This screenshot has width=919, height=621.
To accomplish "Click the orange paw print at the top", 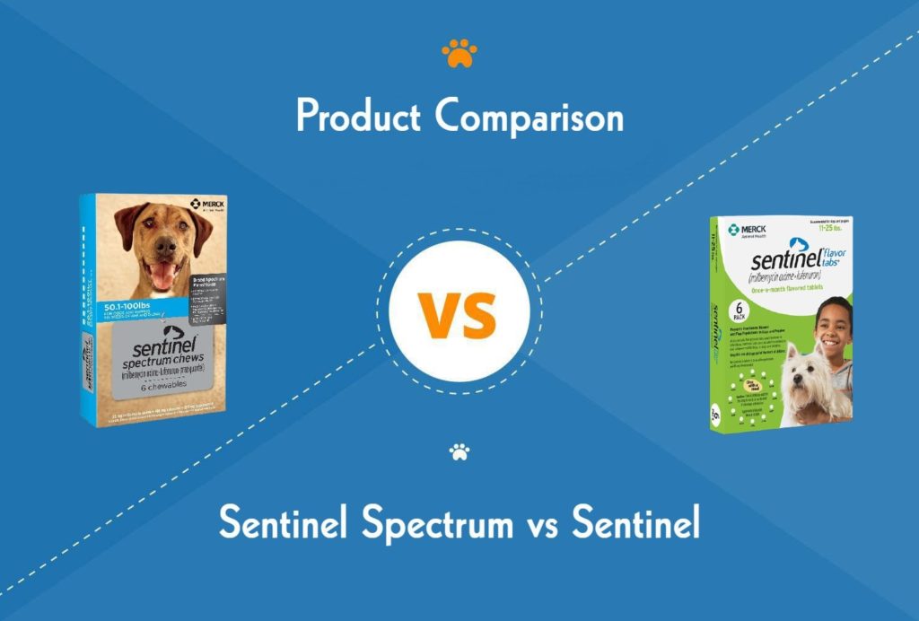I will tap(459, 54).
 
